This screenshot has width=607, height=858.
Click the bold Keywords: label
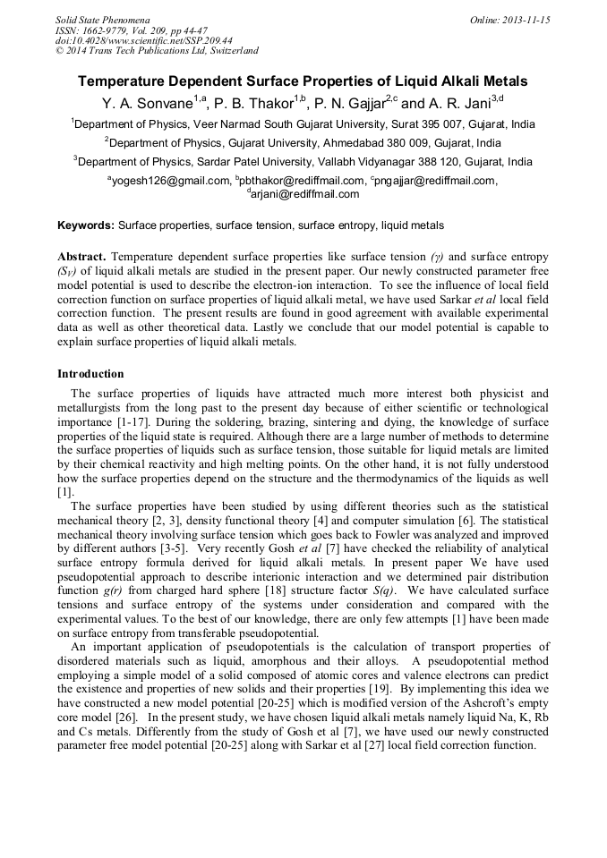86,225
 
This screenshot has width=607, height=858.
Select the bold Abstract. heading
81,257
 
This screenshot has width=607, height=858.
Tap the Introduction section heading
90,374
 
